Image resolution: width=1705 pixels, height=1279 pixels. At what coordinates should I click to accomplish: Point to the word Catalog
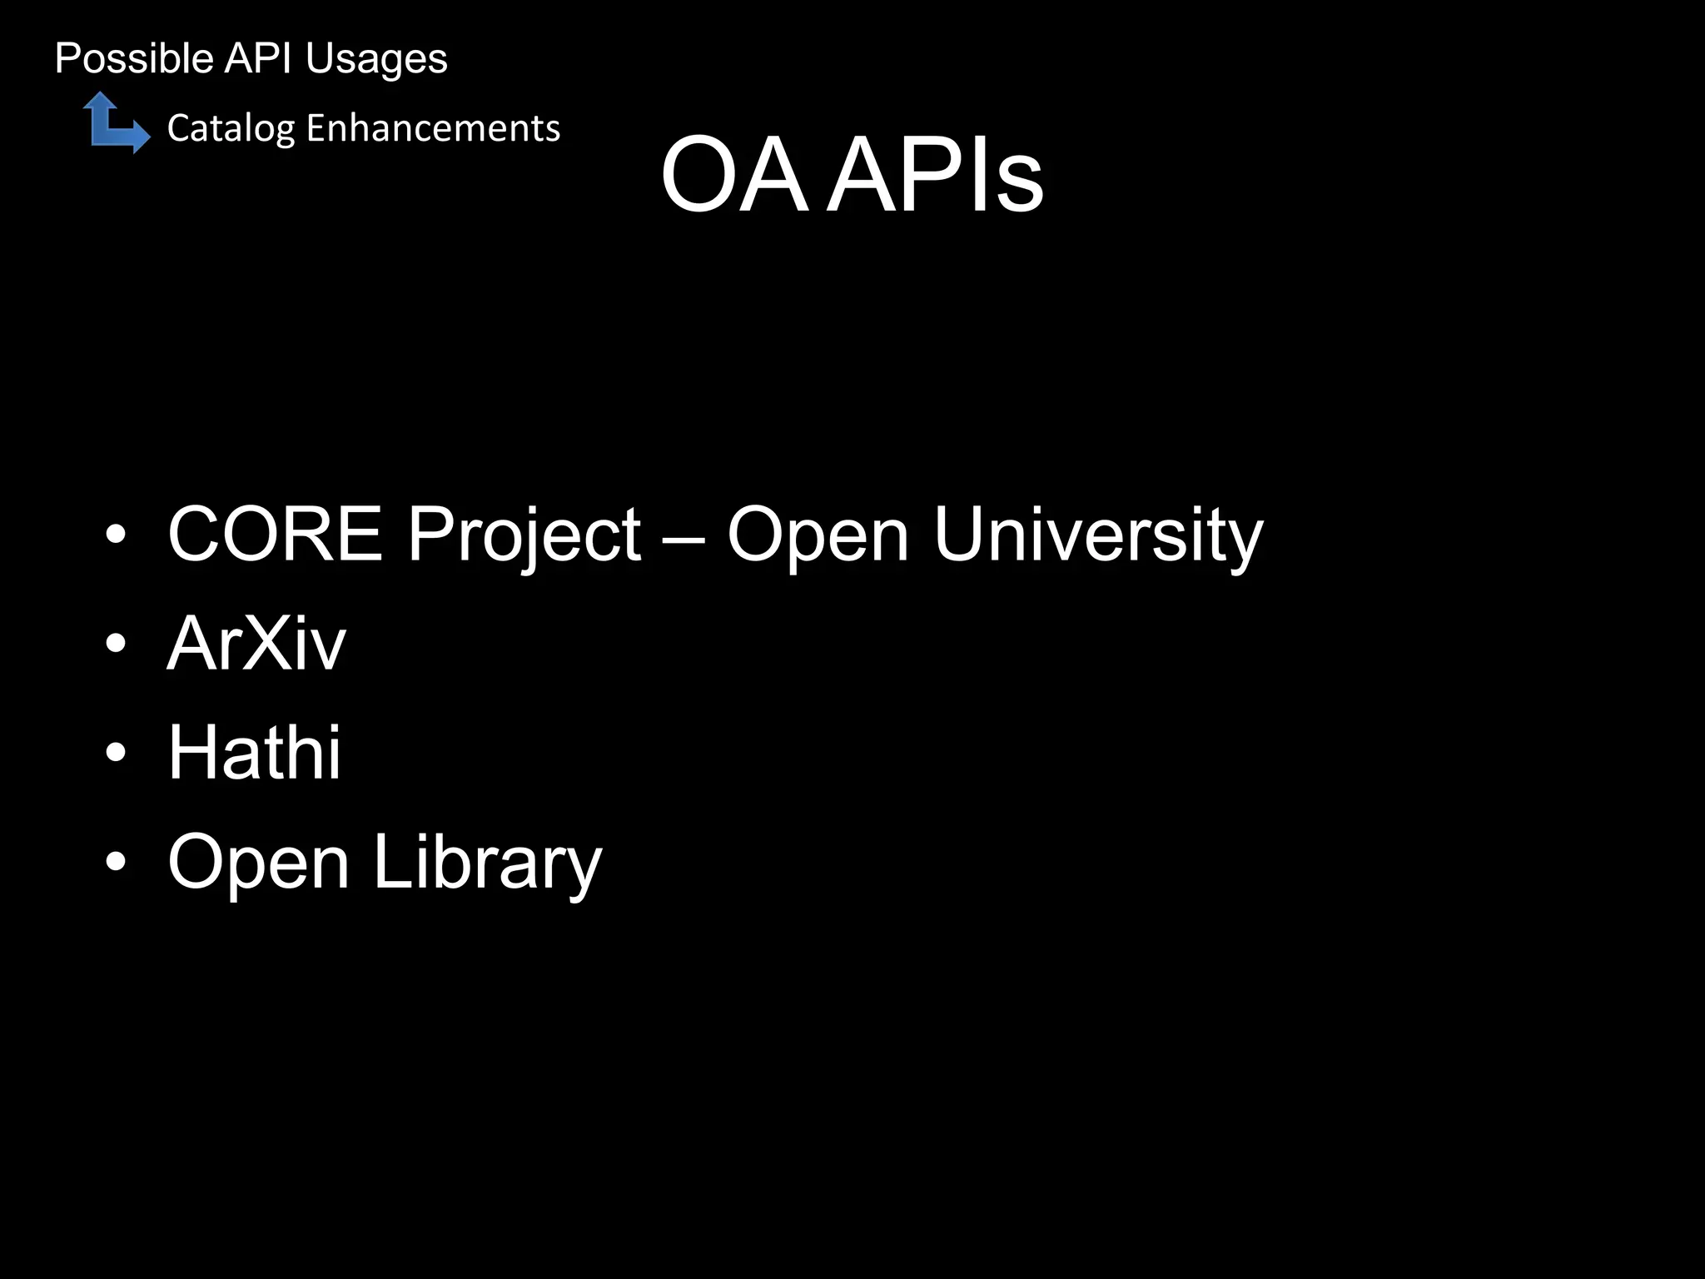pos(231,129)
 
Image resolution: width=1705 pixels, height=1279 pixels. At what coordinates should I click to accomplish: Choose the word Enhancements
pos(433,128)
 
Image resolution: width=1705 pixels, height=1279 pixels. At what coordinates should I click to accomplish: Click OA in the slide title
pos(733,177)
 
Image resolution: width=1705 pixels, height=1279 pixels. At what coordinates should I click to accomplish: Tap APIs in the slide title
pos(937,177)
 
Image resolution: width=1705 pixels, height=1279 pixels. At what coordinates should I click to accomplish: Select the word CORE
pos(275,534)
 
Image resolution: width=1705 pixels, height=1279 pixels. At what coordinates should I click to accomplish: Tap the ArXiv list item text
pos(256,644)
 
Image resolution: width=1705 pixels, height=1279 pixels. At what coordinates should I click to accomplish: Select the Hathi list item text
pos(254,752)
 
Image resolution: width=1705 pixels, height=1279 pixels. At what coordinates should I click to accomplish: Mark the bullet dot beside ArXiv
pos(116,644)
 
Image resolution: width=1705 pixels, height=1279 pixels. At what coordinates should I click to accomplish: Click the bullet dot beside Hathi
pos(116,753)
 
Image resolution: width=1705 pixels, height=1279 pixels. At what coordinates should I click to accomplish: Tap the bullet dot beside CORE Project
pos(116,535)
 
